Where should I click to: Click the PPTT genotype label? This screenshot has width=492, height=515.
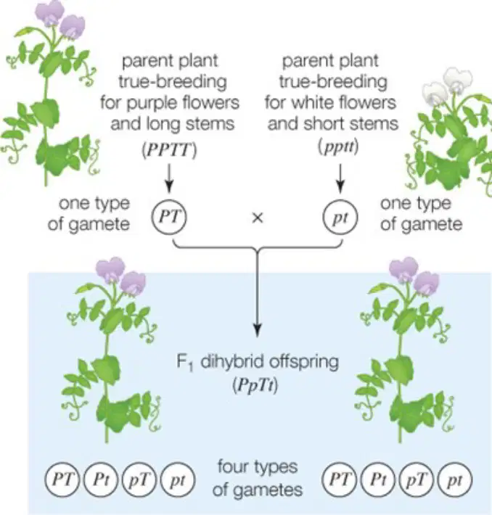pyautogui.click(x=169, y=151)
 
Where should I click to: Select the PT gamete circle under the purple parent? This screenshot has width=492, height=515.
pyautogui.click(x=169, y=217)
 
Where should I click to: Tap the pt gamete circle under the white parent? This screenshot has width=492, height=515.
pyautogui.click(x=340, y=217)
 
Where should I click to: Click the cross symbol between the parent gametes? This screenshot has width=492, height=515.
pyautogui.click(x=257, y=218)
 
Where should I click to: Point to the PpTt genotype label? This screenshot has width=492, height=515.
pyautogui.click(x=255, y=385)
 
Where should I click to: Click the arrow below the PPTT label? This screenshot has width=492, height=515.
pyautogui.click(x=169, y=178)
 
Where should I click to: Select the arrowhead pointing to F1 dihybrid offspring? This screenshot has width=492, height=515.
pyautogui.click(x=258, y=329)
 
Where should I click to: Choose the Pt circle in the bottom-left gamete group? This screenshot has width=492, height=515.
pyautogui.click(x=101, y=480)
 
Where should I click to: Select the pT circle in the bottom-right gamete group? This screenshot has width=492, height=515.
pyautogui.click(x=416, y=480)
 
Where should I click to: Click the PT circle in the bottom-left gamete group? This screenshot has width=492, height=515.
pyautogui.click(x=62, y=480)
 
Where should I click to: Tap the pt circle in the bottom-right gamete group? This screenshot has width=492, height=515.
pyautogui.click(x=455, y=480)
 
